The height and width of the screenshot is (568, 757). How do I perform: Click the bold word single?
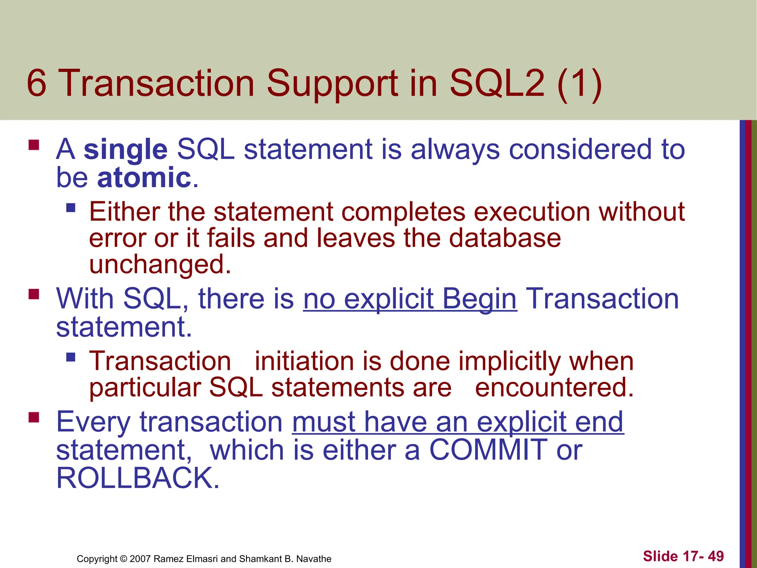click(126, 150)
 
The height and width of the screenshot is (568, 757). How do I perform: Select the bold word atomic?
click(144, 178)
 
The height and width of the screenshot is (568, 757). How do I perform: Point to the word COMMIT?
click(488, 450)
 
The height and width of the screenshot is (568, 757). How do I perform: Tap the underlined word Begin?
click(479, 299)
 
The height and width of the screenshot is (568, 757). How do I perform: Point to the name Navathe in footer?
click(314, 559)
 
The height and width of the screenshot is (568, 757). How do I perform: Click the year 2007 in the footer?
click(140, 559)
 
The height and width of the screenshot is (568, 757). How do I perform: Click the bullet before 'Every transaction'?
click(34, 417)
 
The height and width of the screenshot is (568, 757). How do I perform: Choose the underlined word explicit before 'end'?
click(522, 422)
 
